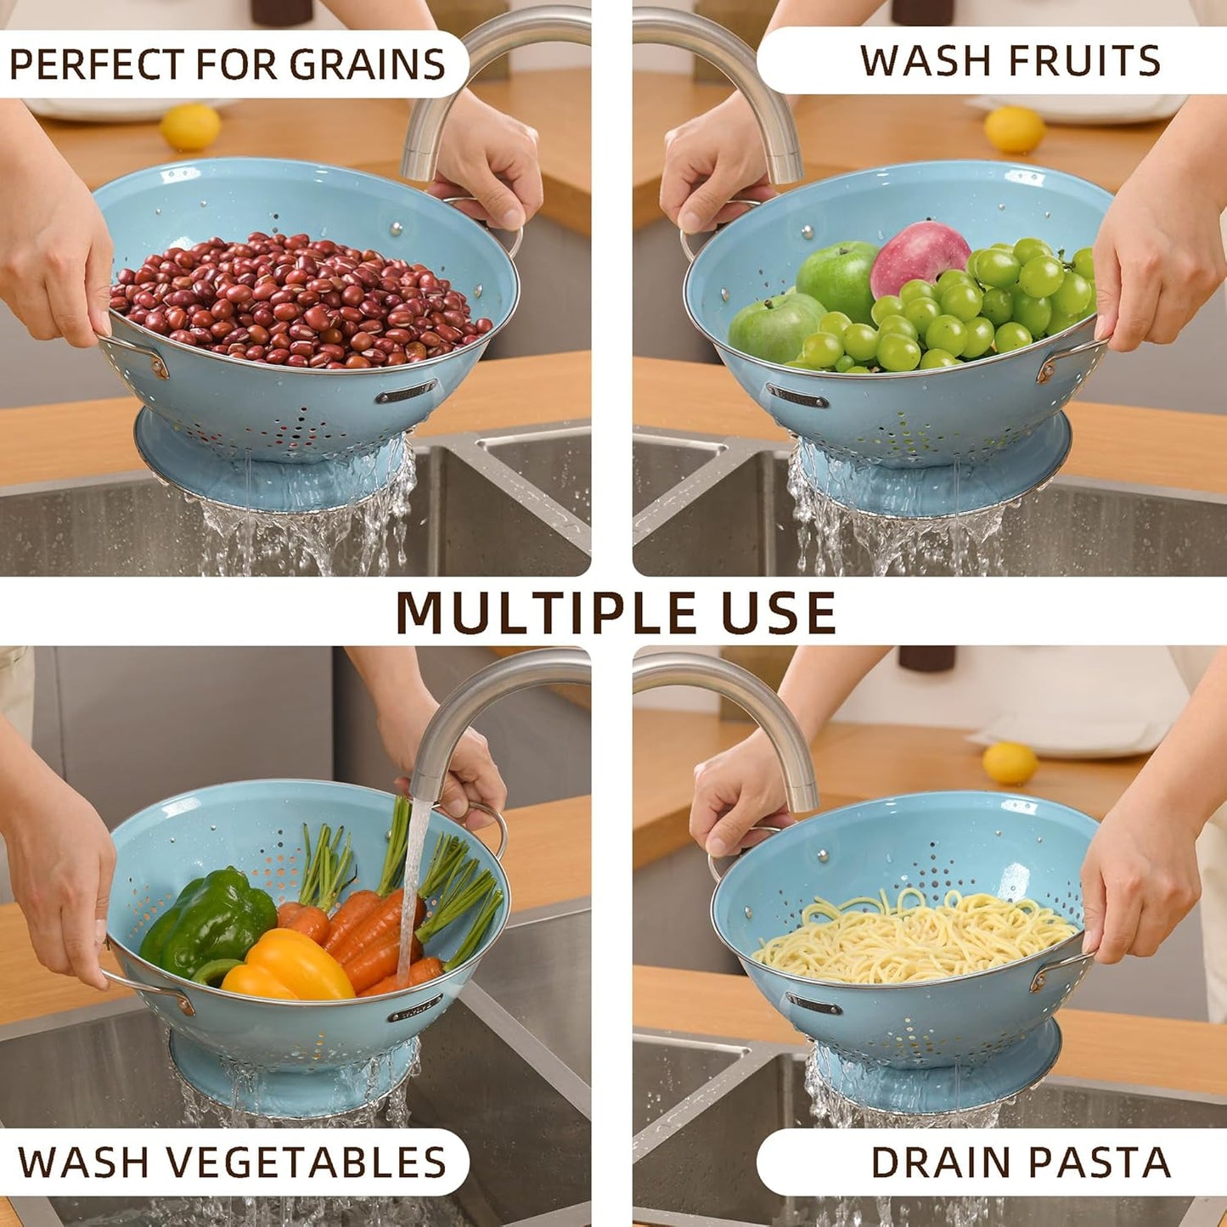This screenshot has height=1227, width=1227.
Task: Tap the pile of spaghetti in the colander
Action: [913, 938]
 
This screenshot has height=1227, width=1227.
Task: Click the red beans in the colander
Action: [297, 301]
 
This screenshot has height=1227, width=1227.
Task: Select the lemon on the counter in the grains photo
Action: [190, 127]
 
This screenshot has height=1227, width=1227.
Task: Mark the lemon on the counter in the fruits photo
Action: [1015, 129]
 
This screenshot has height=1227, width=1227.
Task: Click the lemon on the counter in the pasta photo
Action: [1010, 763]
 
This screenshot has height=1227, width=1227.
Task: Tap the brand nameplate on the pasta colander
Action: [814, 1004]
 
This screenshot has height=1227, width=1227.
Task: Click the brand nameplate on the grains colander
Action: [406, 392]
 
